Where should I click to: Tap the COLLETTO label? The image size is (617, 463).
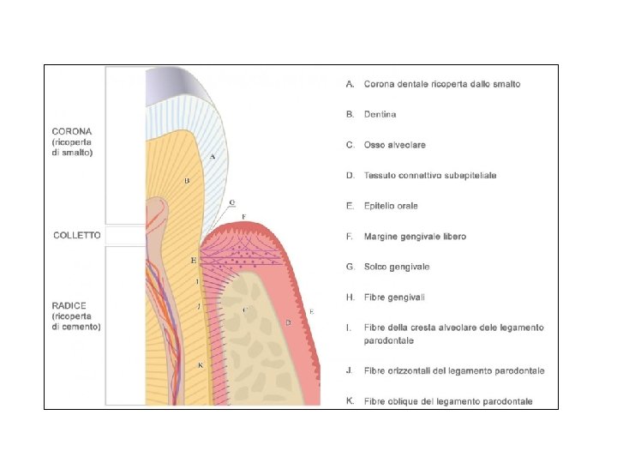tap(77, 235)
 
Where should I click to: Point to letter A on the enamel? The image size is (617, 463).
tap(212, 156)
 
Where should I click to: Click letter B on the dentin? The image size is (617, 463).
tap(186, 181)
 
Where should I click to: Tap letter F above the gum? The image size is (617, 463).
tap(244, 216)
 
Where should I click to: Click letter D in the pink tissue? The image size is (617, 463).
tap(289, 322)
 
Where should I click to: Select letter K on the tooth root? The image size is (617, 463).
tap(200, 364)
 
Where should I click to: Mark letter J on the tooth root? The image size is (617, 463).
tap(198, 305)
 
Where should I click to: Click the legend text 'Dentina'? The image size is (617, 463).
tap(380, 114)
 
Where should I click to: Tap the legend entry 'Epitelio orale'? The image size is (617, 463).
tap(391, 206)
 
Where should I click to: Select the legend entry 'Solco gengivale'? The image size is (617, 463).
tap(397, 267)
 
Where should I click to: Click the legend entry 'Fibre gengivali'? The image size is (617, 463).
tap(394, 297)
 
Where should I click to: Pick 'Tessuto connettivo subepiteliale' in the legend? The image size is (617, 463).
tap(429, 175)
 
